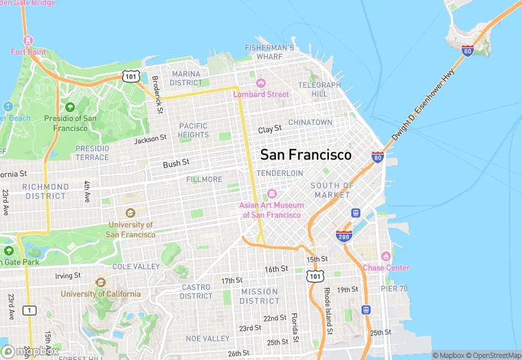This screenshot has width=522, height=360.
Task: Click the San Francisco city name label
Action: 306,155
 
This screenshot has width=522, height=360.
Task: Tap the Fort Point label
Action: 27,52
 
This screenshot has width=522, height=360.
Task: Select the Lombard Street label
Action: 261,94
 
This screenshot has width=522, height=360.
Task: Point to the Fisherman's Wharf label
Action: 270,52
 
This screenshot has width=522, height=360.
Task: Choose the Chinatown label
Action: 310,122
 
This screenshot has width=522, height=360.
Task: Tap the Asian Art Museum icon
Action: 271,194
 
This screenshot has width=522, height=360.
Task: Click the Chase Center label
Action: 386,268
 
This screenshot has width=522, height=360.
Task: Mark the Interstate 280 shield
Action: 344,236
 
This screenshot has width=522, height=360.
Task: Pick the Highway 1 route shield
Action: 28,311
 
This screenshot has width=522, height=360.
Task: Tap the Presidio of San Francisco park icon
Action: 69,107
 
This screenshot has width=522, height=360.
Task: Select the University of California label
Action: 100,293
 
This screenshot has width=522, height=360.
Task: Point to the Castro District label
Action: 196,291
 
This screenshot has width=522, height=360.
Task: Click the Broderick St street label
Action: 157,94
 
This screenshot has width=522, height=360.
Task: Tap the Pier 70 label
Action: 394,289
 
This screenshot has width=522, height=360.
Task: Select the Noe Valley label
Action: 207,339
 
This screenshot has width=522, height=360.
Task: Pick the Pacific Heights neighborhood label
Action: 193,130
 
